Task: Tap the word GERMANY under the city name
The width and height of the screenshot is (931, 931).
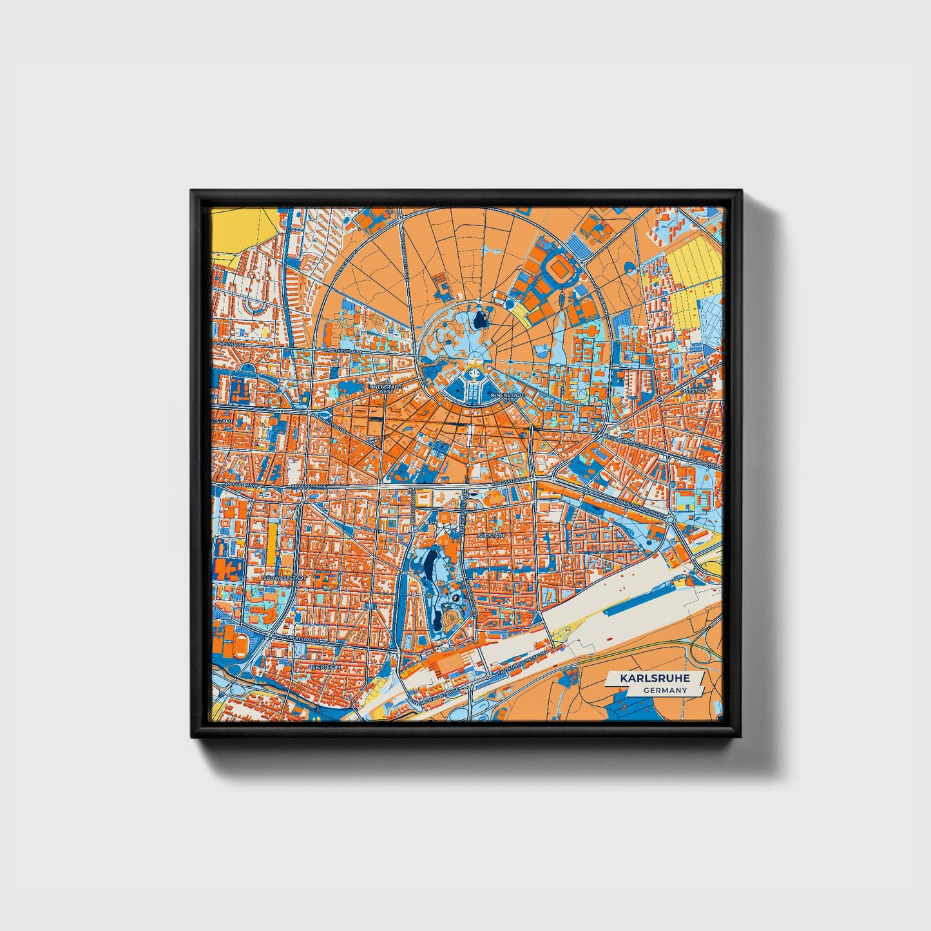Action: (x=664, y=691)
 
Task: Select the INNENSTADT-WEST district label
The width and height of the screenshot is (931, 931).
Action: (x=385, y=389)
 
